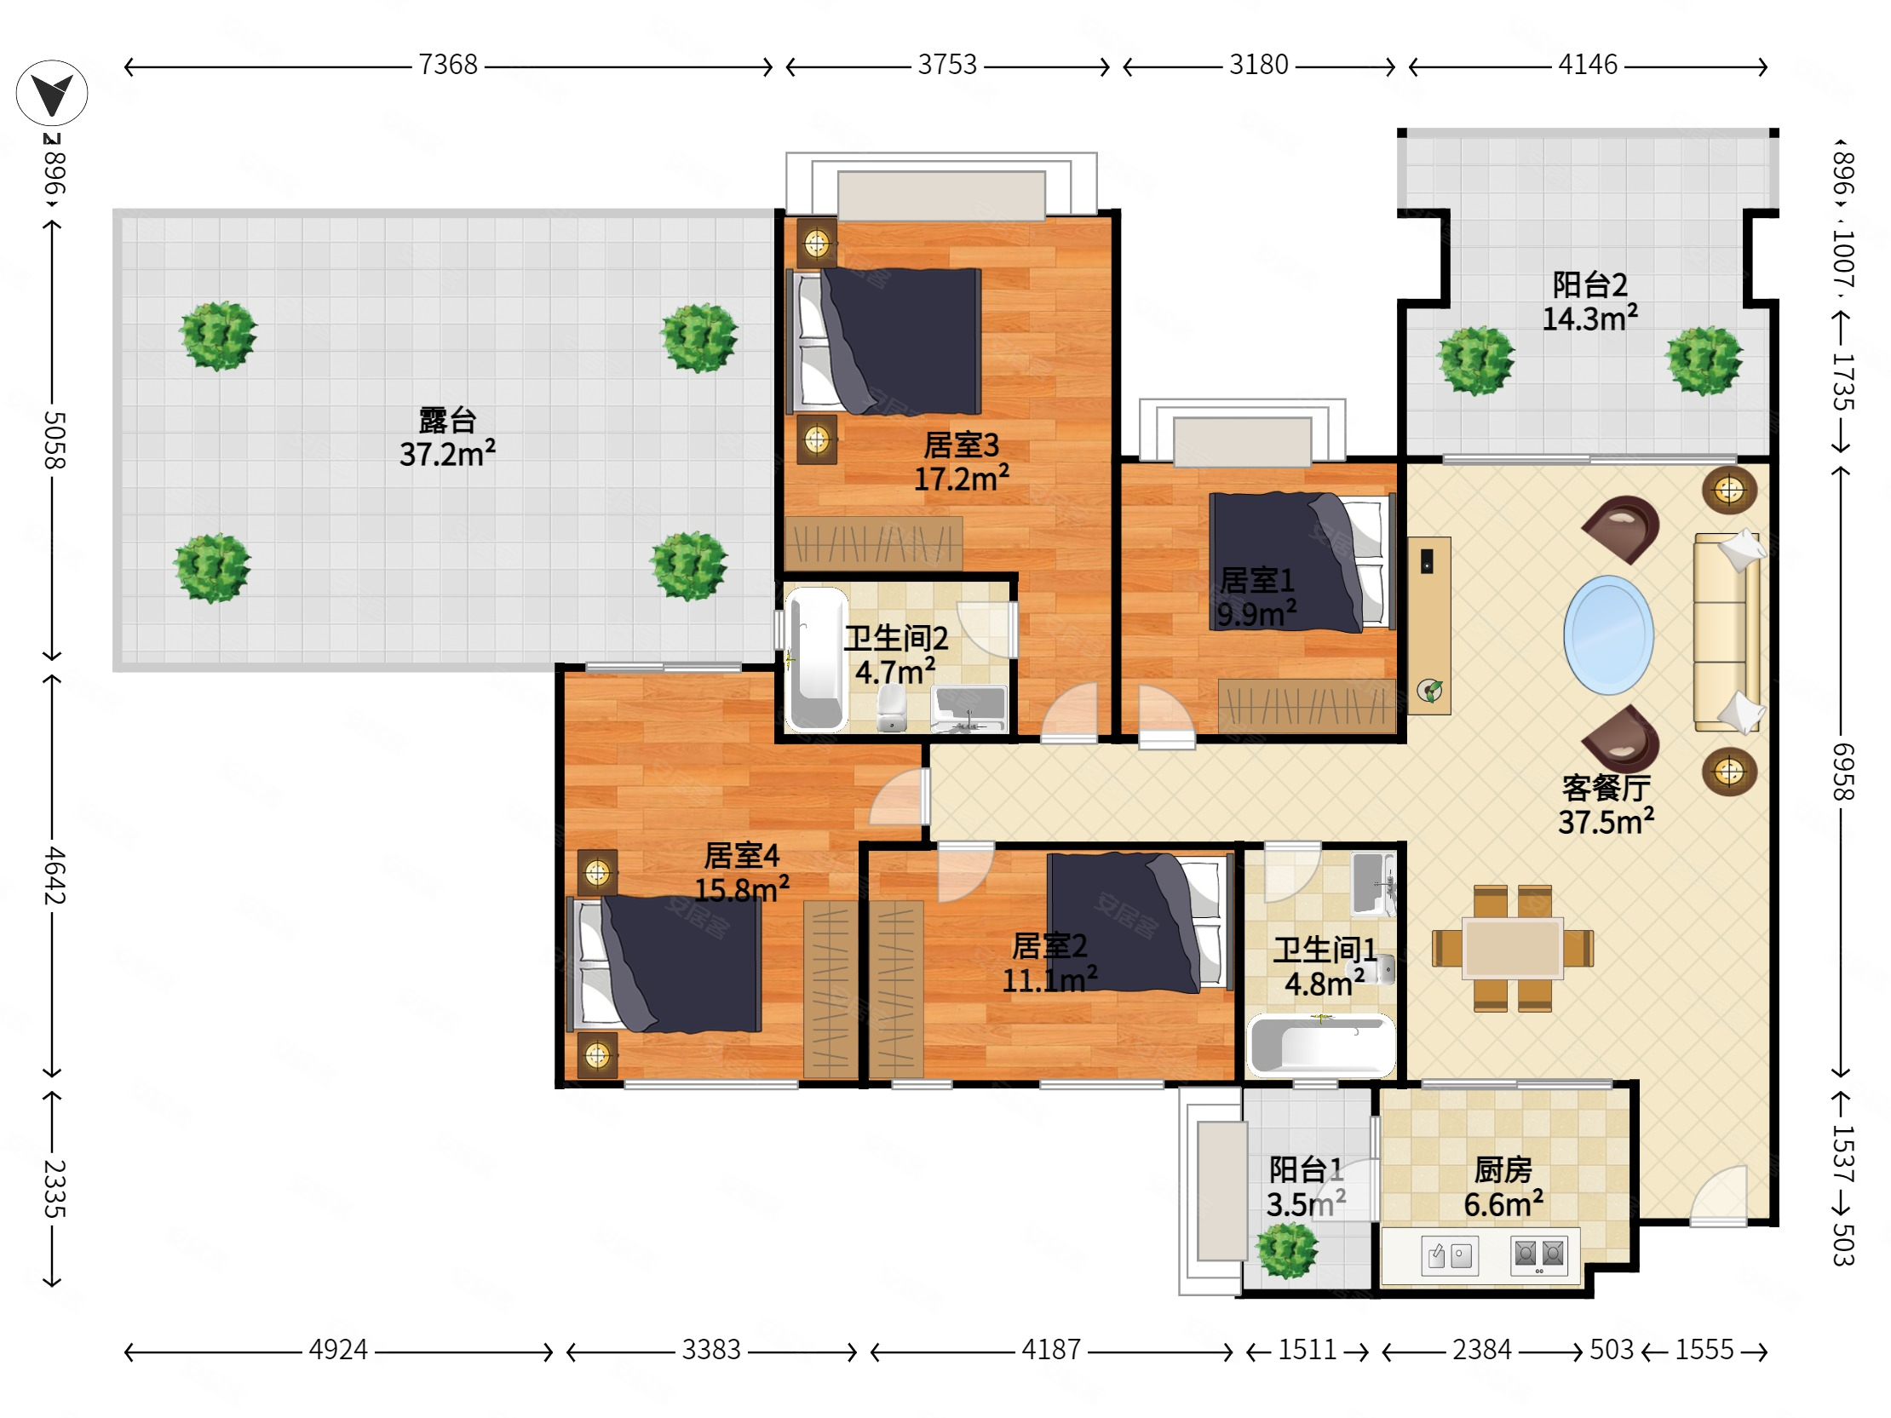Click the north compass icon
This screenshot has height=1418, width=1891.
pyautogui.click(x=51, y=93)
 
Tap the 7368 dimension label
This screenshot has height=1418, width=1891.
pyautogui.click(x=448, y=65)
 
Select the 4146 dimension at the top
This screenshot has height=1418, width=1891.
pyautogui.click(x=1588, y=65)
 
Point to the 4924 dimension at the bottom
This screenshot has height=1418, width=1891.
pyautogui.click(x=338, y=1350)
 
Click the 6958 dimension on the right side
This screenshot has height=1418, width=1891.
pyautogui.click(x=1843, y=772)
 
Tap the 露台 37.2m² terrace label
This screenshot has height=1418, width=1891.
pyautogui.click(x=447, y=438)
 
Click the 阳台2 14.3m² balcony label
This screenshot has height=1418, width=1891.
pyautogui.click(x=1590, y=301)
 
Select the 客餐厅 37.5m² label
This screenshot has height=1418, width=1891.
pyautogui.click(x=1606, y=805)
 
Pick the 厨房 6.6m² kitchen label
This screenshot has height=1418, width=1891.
pyautogui.click(x=1503, y=1187)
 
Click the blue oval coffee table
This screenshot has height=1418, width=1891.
pyautogui.click(x=1608, y=634)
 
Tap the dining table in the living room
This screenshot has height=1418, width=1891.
pyautogui.click(x=1512, y=947)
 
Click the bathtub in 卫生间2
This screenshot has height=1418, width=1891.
pyautogui.click(x=816, y=659)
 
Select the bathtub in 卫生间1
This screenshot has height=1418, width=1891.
pyautogui.click(x=1321, y=1045)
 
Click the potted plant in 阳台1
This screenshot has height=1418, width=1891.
pyautogui.click(x=1286, y=1250)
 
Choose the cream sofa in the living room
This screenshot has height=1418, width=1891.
pyautogui.click(x=1727, y=633)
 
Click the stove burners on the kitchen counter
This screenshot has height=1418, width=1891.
pyautogui.click(x=1539, y=1254)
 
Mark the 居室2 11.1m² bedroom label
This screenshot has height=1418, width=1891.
pyautogui.click(x=1049, y=963)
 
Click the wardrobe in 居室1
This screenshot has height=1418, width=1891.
pyautogui.click(x=1307, y=706)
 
